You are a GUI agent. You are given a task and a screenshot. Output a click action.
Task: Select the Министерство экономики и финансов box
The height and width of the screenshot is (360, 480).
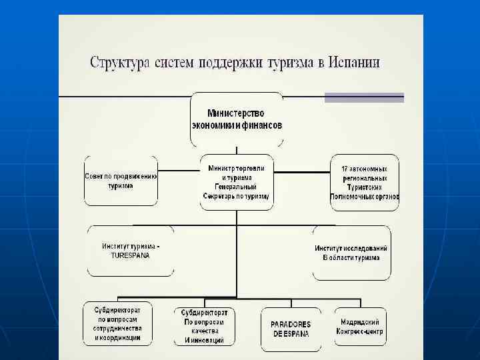coord(237,119)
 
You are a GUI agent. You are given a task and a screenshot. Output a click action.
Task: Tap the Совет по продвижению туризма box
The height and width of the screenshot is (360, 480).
coord(121,181)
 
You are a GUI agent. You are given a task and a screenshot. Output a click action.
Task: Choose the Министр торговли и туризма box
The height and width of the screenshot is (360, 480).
coord(237,182)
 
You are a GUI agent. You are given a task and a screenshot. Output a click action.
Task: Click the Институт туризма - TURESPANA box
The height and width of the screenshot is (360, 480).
coord(131,251)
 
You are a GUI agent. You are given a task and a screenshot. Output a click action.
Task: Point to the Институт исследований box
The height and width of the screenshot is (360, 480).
coord(351,253)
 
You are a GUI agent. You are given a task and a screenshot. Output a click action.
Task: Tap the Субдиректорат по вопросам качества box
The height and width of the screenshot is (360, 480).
coord(205,326)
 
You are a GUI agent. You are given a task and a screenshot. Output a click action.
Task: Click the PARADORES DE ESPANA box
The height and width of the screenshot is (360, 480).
coord(291,329)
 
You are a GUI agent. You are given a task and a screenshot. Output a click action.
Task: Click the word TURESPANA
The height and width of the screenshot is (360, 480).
coord(131,255)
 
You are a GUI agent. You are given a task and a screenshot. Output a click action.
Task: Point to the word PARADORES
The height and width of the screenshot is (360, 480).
coord(291,324)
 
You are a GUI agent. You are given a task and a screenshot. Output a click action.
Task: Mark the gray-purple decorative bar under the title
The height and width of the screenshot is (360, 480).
coord(364,97)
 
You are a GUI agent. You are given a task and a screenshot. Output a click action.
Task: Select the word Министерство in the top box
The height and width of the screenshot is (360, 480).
coord(237,113)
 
